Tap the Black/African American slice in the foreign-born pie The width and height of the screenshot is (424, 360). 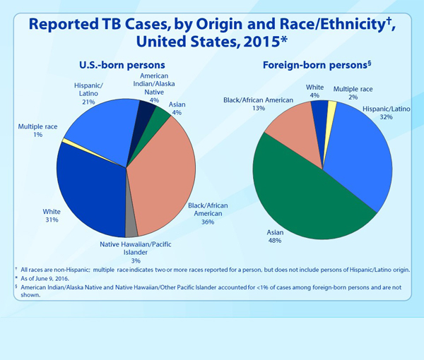290,134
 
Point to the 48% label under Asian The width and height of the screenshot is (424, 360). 274,241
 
